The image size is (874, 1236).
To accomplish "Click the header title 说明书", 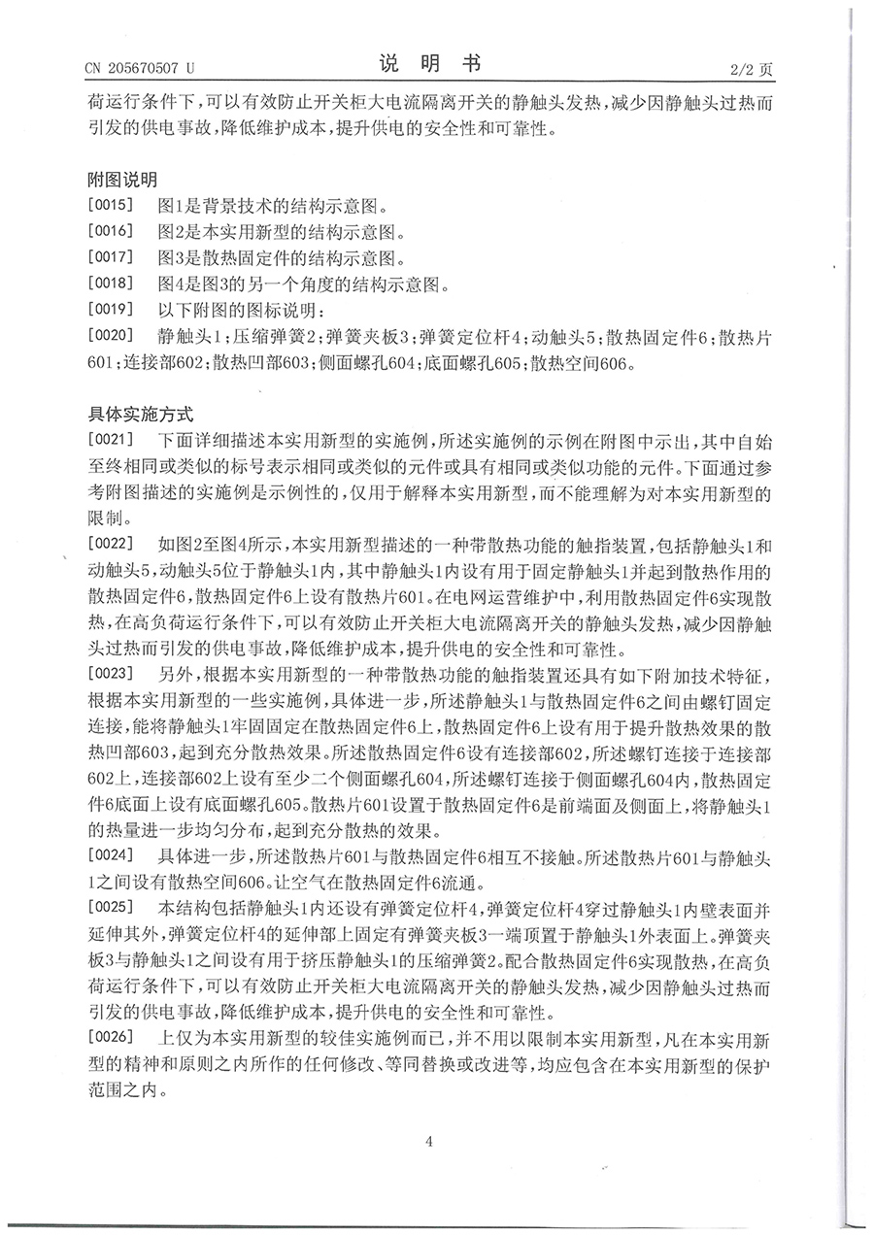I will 429,64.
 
